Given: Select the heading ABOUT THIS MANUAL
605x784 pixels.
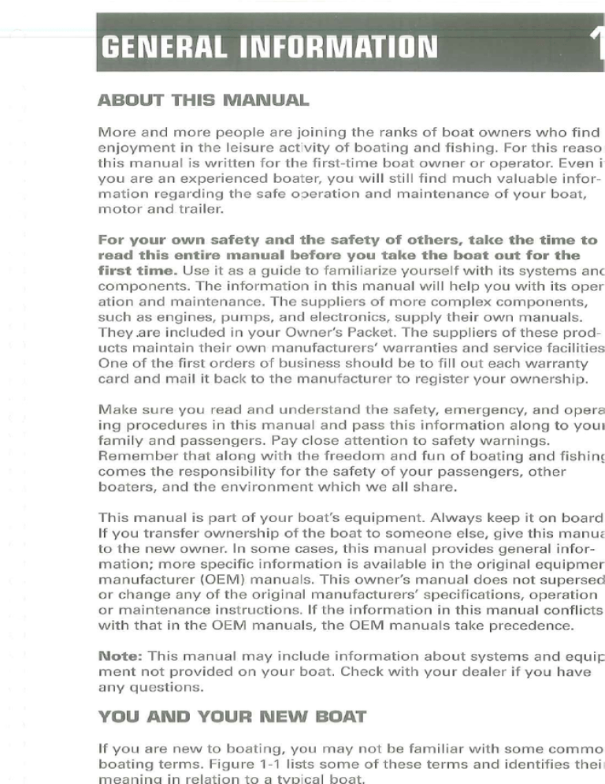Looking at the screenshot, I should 202,101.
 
